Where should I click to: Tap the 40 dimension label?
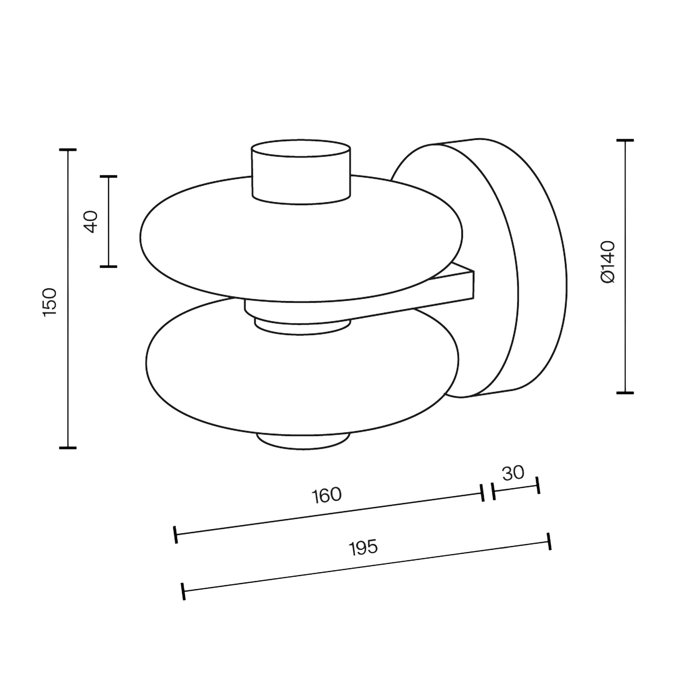91,222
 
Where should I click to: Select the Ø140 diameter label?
608,262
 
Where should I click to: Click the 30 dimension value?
514,473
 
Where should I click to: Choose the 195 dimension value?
364,548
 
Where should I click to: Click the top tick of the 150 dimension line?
68,149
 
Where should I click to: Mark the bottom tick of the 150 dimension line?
68,448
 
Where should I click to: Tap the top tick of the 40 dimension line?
109,177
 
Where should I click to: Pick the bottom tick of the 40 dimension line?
109,266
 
